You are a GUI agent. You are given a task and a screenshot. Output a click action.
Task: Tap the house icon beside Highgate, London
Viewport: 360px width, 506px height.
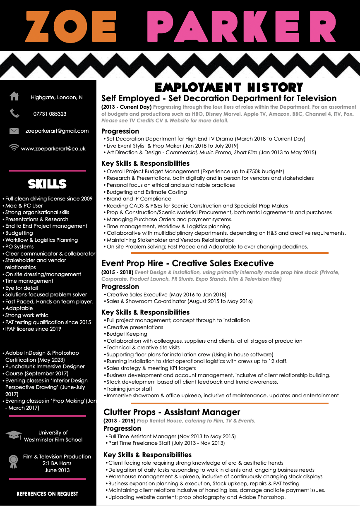14,96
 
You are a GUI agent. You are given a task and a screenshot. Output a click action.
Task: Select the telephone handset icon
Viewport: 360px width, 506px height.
14,113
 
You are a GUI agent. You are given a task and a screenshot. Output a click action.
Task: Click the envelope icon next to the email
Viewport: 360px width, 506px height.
14,131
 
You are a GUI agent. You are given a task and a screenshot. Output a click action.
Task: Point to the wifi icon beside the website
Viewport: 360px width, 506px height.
14,147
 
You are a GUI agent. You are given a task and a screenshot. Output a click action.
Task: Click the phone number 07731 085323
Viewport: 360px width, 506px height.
50,114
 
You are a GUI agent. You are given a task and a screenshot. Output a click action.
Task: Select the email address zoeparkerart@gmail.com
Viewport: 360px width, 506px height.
57,131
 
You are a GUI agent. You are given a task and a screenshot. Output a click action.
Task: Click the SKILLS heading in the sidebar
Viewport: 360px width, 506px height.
47,184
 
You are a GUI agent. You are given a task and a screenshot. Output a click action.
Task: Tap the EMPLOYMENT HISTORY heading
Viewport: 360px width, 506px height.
229,87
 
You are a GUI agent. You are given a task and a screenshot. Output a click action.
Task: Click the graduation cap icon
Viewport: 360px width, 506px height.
14,435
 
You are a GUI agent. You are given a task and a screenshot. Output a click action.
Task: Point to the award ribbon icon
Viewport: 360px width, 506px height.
14,461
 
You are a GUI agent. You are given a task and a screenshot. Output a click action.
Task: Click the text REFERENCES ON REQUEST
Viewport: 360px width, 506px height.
47,494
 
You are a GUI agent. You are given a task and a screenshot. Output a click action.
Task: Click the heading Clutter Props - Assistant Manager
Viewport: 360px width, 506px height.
172,412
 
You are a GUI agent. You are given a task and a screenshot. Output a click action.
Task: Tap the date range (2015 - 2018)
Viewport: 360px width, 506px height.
118,272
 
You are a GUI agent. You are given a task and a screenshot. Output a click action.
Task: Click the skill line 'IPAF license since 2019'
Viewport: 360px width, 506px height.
33,329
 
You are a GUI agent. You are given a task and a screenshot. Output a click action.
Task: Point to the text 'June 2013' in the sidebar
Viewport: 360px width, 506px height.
57,470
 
